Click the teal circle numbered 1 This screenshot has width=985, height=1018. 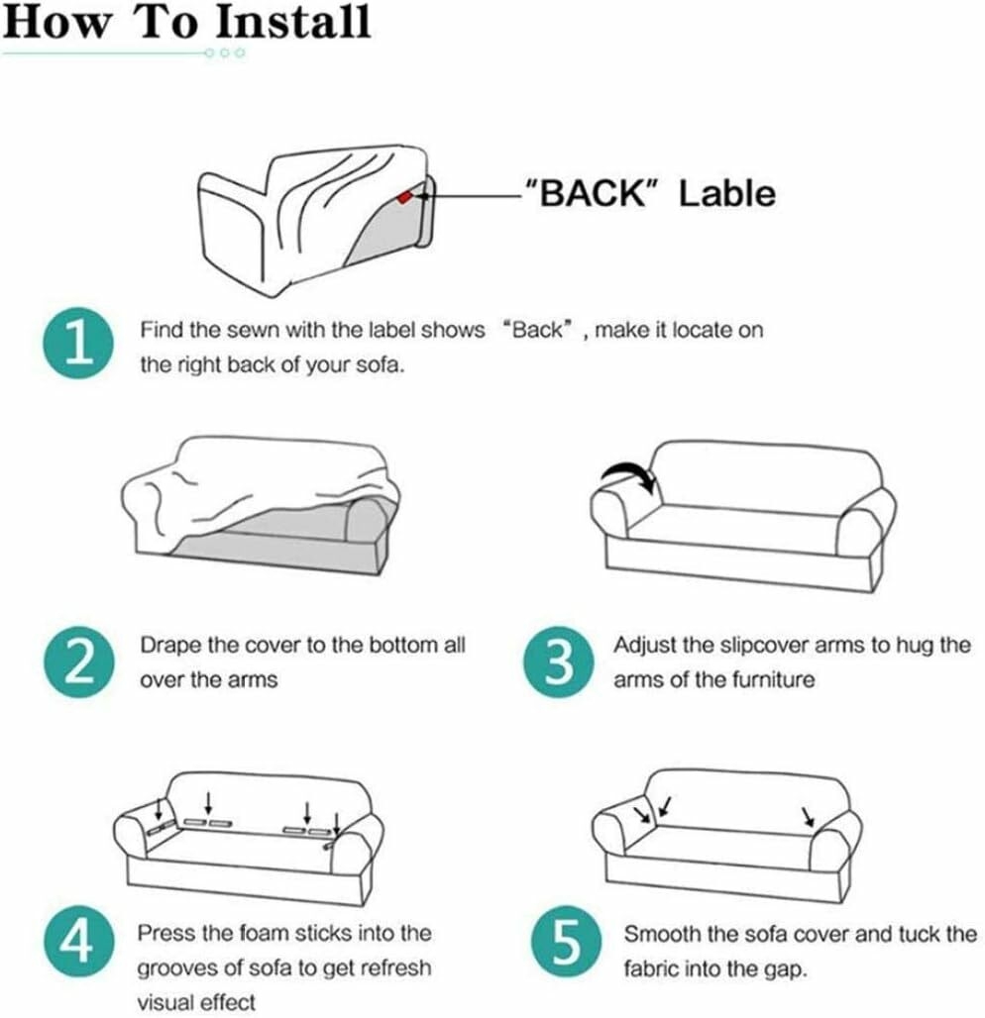pyautogui.click(x=78, y=344)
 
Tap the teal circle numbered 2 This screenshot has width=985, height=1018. pyautogui.click(x=79, y=662)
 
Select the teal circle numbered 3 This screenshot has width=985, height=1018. pyautogui.click(x=558, y=662)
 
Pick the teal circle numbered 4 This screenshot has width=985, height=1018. pyautogui.click(x=78, y=942)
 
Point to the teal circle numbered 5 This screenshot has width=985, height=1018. pyautogui.click(x=566, y=942)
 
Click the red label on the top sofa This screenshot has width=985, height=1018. pyautogui.click(x=404, y=196)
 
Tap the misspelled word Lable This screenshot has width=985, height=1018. pyautogui.click(x=727, y=193)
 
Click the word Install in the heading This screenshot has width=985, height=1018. pyautogui.click(x=292, y=22)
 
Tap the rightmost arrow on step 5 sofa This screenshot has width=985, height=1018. pyautogui.click(x=808, y=816)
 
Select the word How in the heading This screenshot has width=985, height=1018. pyautogui.click(x=56, y=22)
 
